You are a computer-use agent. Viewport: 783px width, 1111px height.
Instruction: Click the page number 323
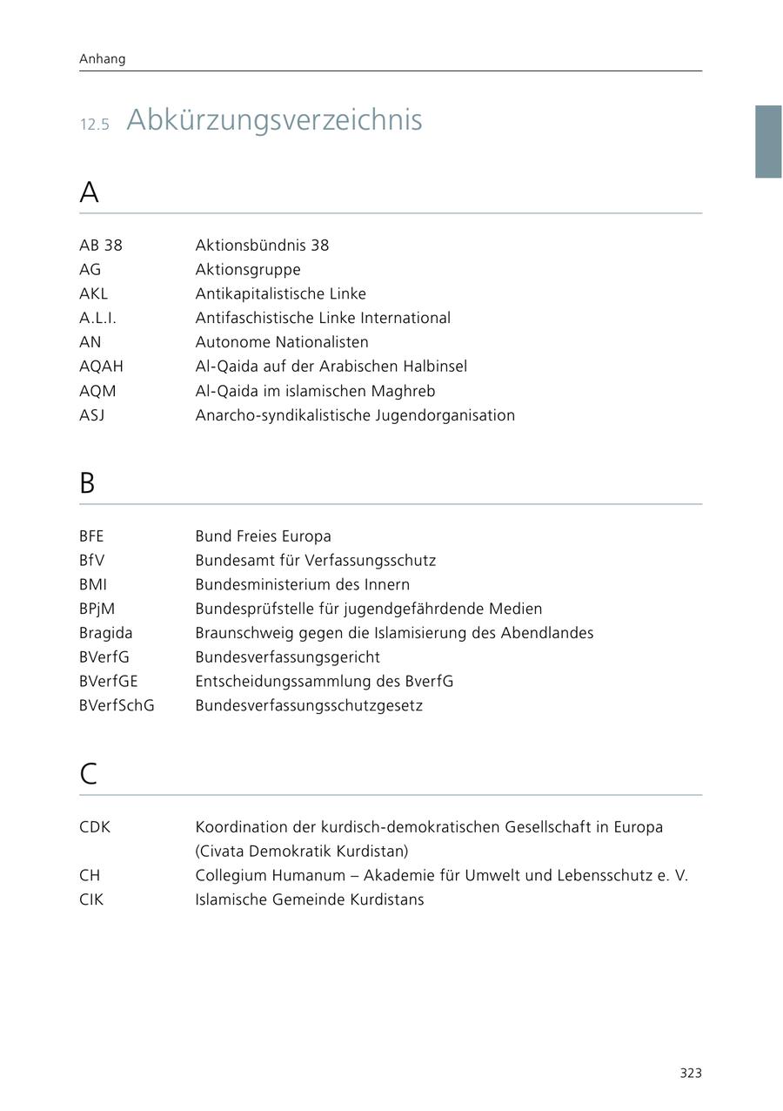pyautogui.click(x=691, y=1074)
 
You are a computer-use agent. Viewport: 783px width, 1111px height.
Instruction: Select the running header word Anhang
pyautogui.click(x=103, y=59)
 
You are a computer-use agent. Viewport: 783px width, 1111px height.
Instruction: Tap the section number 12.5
pyautogui.click(x=95, y=125)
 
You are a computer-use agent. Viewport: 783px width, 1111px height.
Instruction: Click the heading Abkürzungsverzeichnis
pyautogui.click(x=274, y=120)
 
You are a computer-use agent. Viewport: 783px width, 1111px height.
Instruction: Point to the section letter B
pyautogui.click(x=87, y=483)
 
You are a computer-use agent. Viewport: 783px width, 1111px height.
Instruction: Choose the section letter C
pyautogui.click(x=88, y=773)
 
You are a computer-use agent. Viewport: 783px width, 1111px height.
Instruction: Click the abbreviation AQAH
pyautogui.click(x=101, y=367)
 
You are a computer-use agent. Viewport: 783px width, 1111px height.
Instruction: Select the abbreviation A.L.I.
pyautogui.click(x=97, y=318)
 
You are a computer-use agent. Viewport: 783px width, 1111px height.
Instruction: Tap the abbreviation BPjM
pyautogui.click(x=97, y=609)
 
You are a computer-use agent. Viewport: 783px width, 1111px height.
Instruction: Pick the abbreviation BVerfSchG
pyautogui.click(x=117, y=705)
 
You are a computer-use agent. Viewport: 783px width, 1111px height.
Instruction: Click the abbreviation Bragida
pyautogui.click(x=105, y=633)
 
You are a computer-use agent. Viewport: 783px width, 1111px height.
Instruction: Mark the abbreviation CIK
pyautogui.click(x=91, y=899)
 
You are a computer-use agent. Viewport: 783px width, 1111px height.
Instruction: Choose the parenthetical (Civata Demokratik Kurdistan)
pyautogui.click(x=301, y=851)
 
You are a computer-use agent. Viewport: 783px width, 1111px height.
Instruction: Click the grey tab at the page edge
pyautogui.click(x=768, y=141)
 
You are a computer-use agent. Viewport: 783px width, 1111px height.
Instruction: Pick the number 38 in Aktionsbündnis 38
pyautogui.click(x=319, y=246)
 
